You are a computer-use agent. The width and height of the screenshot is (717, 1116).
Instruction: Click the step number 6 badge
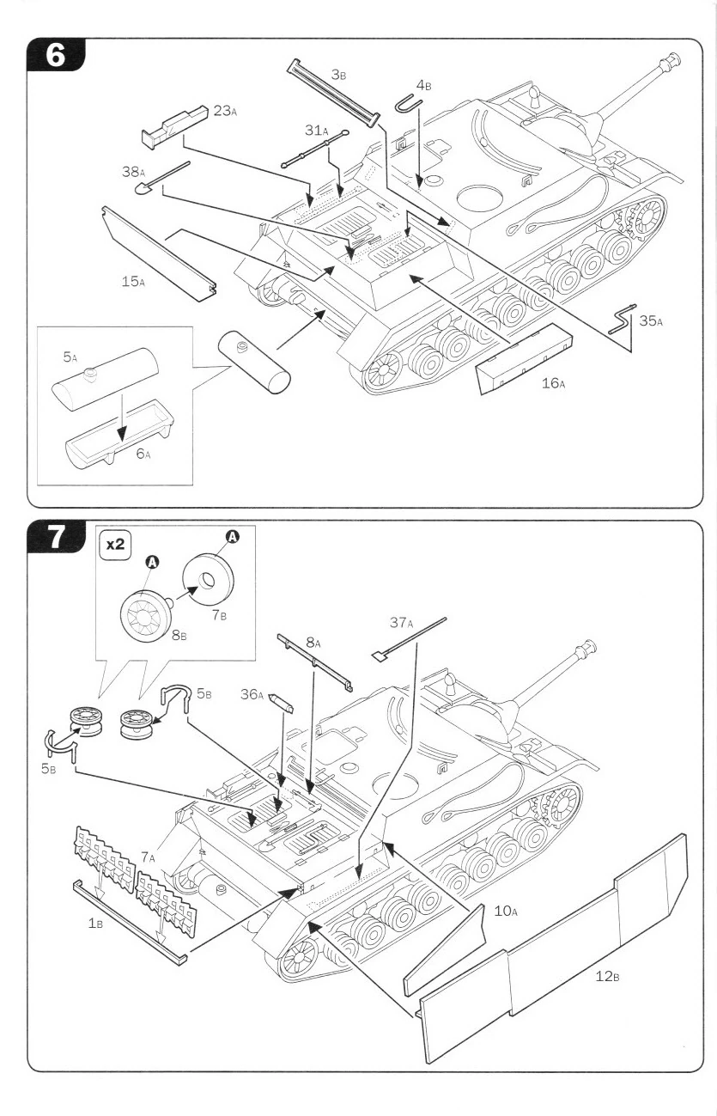(x=56, y=55)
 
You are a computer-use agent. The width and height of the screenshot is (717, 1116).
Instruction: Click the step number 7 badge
(x=56, y=536)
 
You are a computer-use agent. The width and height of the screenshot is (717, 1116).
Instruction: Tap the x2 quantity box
(x=116, y=544)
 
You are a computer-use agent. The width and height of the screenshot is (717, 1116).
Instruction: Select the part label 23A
(x=225, y=111)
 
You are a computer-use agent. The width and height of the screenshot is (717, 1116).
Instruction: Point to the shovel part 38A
(x=162, y=177)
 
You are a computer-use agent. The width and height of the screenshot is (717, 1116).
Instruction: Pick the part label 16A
(x=553, y=383)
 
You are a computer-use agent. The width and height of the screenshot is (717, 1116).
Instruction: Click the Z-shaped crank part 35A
(x=622, y=318)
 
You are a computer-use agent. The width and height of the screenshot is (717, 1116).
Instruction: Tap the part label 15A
(x=133, y=282)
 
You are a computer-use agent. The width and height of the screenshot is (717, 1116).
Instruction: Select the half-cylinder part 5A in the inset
(x=106, y=380)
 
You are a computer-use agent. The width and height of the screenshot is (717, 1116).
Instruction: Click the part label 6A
(x=143, y=454)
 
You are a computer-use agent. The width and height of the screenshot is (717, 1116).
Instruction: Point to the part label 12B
(x=607, y=976)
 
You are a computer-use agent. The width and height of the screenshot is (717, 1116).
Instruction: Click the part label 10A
(x=506, y=911)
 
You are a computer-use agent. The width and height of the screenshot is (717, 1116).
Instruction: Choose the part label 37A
(x=401, y=622)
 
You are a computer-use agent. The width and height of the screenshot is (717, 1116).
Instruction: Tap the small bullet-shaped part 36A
(x=282, y=703)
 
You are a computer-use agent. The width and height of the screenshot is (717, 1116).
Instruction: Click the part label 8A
(x=313, y=643)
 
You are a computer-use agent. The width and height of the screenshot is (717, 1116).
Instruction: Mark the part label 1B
(x=95, y=924)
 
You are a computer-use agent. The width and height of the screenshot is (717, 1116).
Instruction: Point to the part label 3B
(x=338, y=75)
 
